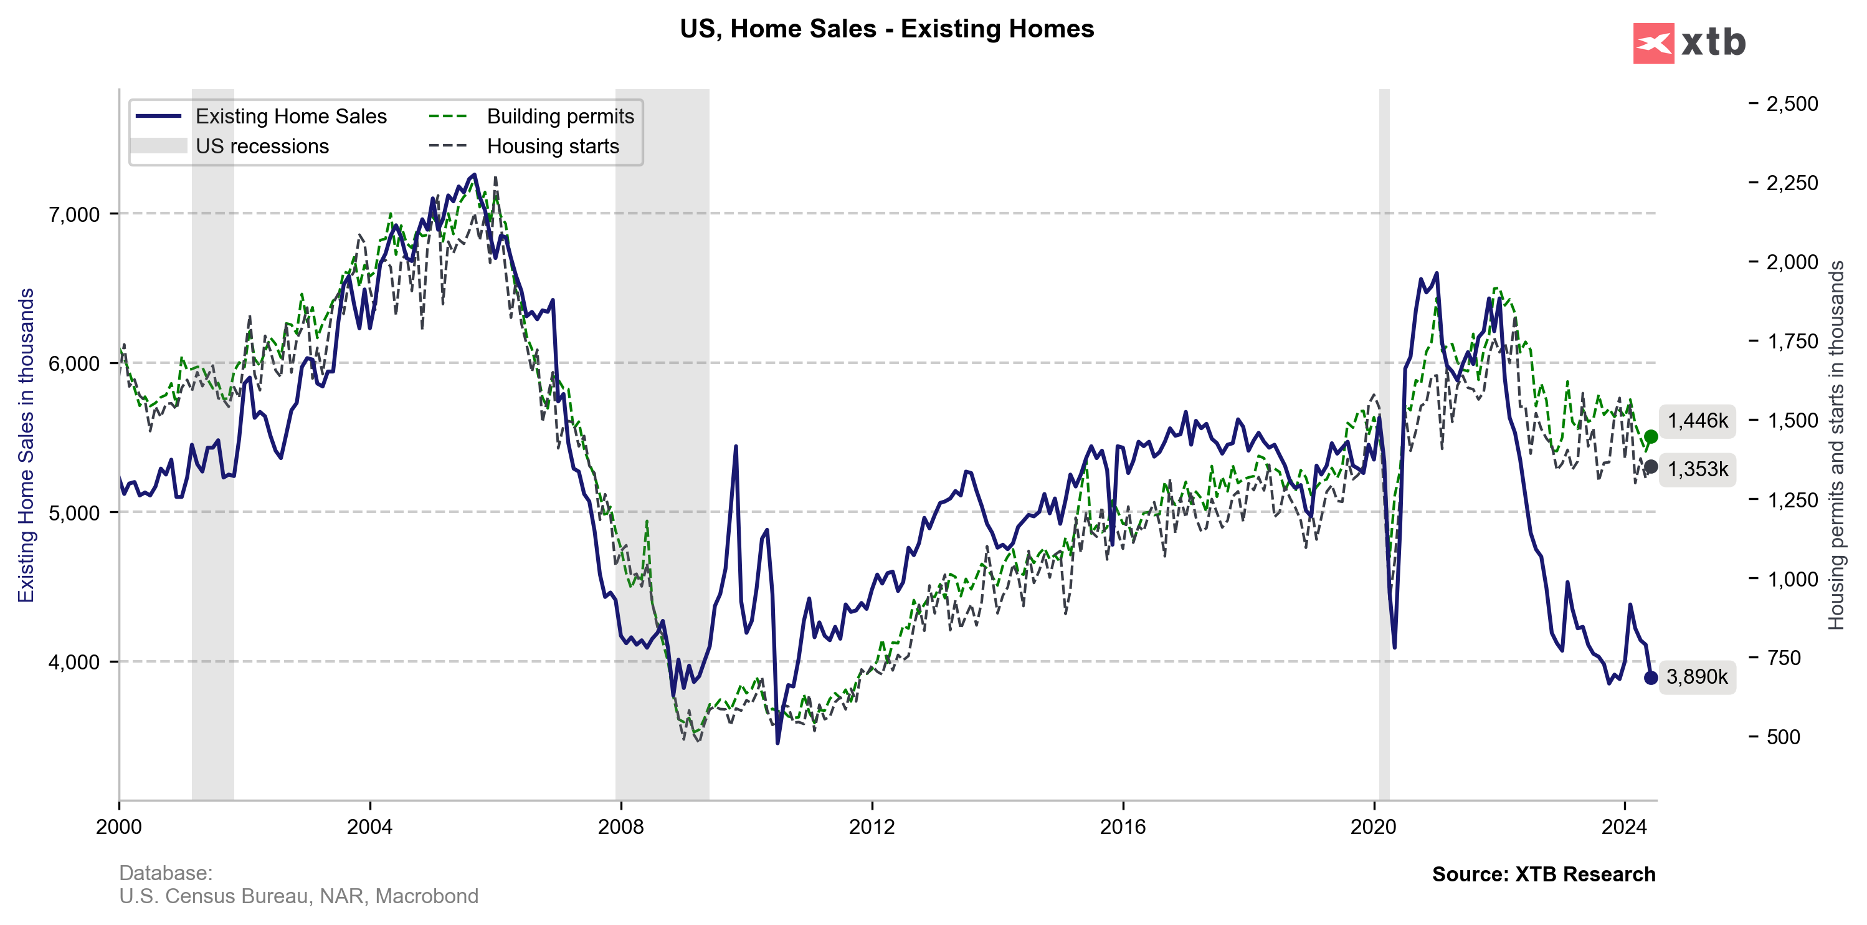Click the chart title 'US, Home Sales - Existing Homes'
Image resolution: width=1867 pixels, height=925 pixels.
tap(886, 29)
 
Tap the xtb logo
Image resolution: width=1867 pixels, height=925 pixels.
tap(1689, 44)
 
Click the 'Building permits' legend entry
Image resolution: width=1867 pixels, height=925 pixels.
tap(559, 116)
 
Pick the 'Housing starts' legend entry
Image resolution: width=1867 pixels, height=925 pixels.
tap(553, 146)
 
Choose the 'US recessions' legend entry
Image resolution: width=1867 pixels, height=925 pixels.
tap(262, 146)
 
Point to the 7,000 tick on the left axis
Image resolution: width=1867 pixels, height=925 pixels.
tap(74, 214)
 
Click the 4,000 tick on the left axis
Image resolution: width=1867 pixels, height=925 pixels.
tap(74, 662)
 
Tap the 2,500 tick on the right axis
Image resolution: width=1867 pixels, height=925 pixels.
tap(1792, 103)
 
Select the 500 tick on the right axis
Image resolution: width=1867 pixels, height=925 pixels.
tap(1783, 737)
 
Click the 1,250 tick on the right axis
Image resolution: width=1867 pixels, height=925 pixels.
tap(1792, 499)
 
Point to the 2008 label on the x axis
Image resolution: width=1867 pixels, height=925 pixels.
tap(620, 827)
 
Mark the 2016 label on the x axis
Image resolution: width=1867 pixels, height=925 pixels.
tap(1123, 827)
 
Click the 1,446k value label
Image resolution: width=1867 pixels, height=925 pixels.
tap(1698, 421)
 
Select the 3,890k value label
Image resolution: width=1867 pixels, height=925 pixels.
tap(1697, 677)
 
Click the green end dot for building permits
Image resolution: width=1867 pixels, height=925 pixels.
tap(1651, 436)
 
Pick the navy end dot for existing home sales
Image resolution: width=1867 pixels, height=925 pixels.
tap(1651, 678)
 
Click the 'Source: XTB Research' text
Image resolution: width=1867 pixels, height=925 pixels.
tap(1543, 875)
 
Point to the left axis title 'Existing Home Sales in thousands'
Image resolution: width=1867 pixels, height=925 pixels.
tap(26, 445)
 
